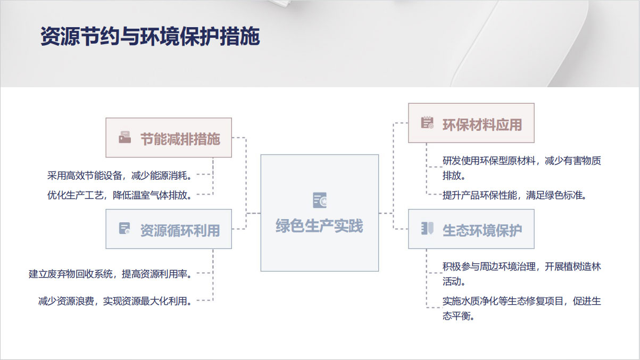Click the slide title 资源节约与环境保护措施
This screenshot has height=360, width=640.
click(150, 36)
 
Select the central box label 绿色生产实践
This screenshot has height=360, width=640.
click(319, 226)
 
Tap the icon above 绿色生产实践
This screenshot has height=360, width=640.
click(320, 200)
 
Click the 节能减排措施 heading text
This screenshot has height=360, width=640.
click(180, 139)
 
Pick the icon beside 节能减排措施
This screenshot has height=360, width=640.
click(125, 137)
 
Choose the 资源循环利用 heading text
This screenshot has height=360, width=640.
click(180, 230)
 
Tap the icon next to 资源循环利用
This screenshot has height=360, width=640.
click(124, 229)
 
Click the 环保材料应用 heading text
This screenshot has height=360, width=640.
click(483, 125)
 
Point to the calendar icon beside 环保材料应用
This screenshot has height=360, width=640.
click(427, 122)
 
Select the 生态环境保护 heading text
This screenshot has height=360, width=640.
click(483, 230)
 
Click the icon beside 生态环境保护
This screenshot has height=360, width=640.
click(427, 229)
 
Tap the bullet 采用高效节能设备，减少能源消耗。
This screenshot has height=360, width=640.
click(119, 175)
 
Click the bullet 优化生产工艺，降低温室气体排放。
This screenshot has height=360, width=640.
click(119, 195)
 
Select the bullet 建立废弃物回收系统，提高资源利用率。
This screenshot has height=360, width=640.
click(110, 274)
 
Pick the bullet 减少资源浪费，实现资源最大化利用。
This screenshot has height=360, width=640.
click(115, 301)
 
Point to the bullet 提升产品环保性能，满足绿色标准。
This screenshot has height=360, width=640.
click(514, 195)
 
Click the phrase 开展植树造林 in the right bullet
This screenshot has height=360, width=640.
click(573, 266)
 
